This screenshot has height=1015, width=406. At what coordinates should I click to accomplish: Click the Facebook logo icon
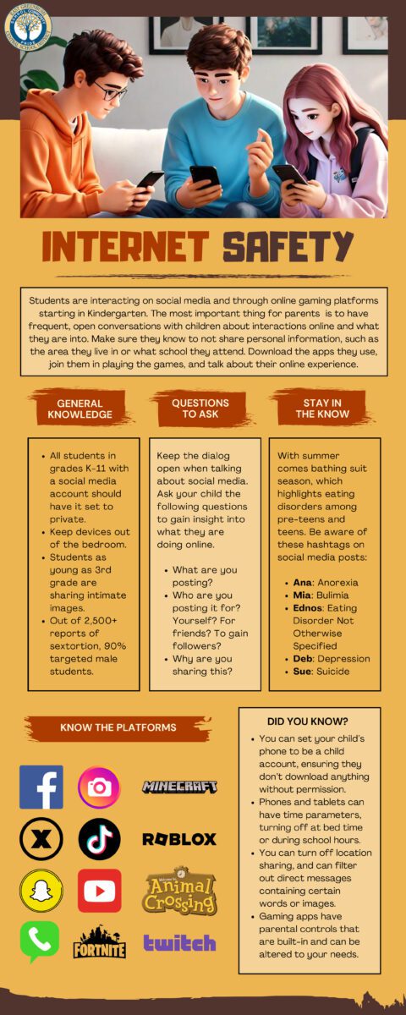[41, 787]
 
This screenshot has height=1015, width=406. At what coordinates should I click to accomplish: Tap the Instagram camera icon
[99, 787]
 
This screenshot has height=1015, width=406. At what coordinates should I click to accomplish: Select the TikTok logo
[99, 839]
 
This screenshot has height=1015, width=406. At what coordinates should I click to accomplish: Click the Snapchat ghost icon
[41, 891]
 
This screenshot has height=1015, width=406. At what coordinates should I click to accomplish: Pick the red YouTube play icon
[99, 891]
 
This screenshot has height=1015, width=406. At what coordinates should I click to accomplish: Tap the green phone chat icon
[40, 941]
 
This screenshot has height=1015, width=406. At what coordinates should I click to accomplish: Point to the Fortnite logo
[99, 942]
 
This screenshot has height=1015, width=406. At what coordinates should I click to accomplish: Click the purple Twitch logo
[179, 942]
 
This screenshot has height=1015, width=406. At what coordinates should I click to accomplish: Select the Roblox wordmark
[179, 839]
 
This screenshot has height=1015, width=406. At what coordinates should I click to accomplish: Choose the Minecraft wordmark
[179, 787]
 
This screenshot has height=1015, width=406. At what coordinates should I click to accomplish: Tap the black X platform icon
[41, 839]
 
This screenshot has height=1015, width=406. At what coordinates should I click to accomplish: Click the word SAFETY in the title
[288, 246]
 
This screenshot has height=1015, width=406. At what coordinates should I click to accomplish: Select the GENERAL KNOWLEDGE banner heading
[80, 409]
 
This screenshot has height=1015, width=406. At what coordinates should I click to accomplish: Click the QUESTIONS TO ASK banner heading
[200, 409]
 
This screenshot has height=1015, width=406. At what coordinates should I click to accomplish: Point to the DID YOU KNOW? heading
[308, 721]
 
